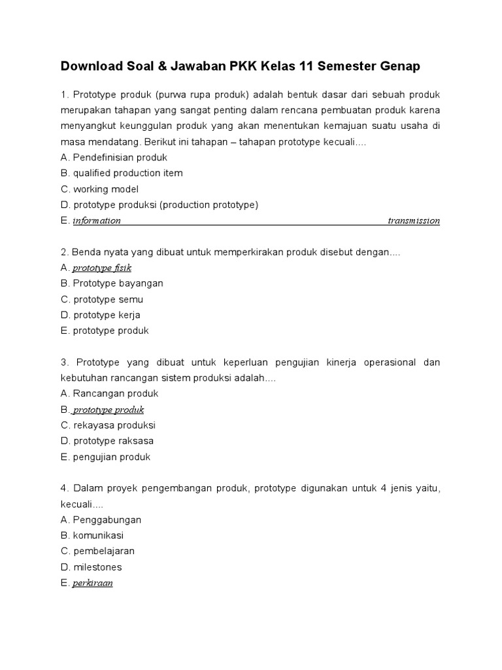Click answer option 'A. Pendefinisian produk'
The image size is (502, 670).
[x=114, y=158]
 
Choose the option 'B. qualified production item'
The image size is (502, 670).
[x=122, y=173]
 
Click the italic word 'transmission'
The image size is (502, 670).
[x=413, y=221]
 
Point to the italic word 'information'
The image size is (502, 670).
[x=97, y=221]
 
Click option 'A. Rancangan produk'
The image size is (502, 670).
[x=109, y=393]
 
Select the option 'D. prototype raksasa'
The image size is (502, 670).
[x=107, y=440]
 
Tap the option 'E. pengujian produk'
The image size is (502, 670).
[x=105, y=457]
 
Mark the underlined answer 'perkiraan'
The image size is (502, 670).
[x=93, y=583]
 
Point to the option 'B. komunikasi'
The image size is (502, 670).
[x=92, y=535]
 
